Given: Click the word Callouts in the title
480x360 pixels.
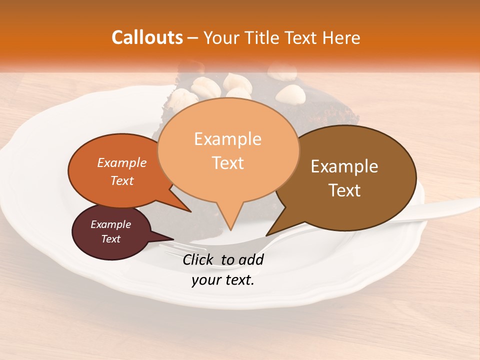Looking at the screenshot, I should (x=147, y=37).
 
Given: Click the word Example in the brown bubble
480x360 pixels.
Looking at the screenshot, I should (x=344, y=166).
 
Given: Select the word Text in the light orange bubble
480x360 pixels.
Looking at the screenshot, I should (x=228, y=163).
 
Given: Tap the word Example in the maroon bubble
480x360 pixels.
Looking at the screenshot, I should (x=110, y=224).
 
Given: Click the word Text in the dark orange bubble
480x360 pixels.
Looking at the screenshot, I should (x=122, y=181).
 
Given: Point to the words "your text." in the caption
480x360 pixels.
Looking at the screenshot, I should (x=223, y=280).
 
